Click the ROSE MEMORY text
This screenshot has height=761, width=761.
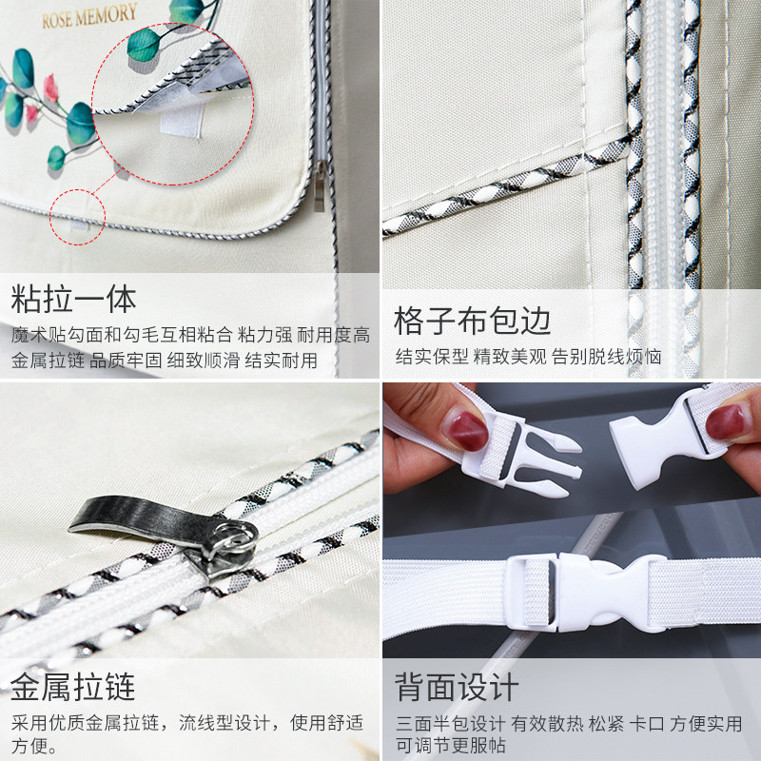pos(89,14)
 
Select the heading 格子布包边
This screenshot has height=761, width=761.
pos(473,321)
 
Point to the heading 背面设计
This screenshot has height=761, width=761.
pos(457,687)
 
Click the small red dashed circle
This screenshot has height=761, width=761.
pos(76,218)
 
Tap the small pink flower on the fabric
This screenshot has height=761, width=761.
pos(33,113)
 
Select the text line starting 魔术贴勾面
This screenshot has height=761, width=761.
pos(190,335)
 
